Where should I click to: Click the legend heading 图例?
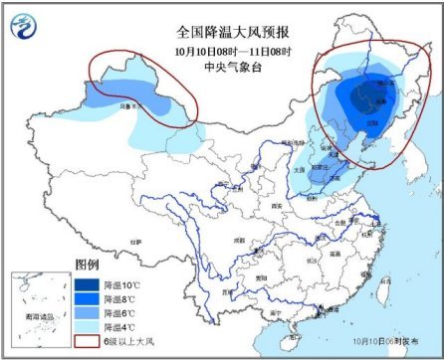89,266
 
